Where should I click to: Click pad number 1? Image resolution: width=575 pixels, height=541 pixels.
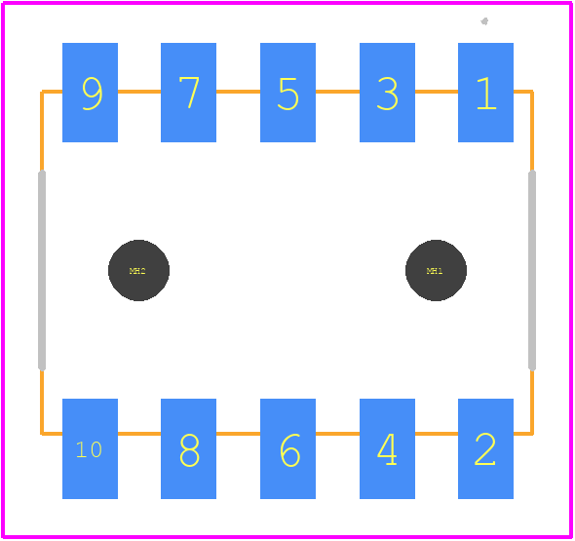485,93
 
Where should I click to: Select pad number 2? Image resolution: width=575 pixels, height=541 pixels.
485,448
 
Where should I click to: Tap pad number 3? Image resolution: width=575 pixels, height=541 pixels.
387,93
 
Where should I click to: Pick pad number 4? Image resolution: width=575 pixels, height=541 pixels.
387,448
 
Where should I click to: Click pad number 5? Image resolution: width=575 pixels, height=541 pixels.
287,93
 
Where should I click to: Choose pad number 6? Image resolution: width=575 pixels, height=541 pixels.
287,448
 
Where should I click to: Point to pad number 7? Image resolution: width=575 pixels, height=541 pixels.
188,93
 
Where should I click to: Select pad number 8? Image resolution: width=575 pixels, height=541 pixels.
188,448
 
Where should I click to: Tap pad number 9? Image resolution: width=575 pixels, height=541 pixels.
91,93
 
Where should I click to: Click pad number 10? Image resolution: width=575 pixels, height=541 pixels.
91,448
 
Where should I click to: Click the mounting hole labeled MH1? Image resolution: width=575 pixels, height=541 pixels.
436,270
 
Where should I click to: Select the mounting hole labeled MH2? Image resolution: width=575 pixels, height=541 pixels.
138,270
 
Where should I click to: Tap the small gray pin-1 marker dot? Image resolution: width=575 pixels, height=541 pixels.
484,21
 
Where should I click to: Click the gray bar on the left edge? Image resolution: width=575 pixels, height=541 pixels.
42,270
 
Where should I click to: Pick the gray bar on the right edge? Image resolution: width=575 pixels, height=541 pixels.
532,270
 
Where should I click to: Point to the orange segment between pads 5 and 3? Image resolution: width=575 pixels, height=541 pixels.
338,92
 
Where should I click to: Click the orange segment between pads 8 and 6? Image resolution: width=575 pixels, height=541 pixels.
239,434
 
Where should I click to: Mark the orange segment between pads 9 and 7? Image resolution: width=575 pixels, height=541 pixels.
139,92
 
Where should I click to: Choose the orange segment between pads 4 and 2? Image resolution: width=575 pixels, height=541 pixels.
437,434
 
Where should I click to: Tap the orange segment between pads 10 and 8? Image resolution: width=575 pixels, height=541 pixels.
139,434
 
